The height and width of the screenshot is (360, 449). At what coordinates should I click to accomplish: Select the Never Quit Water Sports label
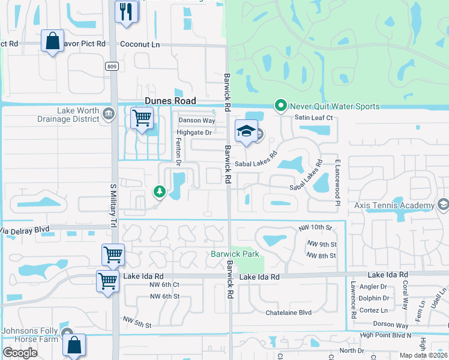335,106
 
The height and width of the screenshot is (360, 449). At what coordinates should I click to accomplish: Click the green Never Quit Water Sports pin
280,106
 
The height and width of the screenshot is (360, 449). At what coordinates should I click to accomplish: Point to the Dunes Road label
170,102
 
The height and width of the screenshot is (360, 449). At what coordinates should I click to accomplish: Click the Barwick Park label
235,254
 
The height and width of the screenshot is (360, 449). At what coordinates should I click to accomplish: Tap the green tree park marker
159,191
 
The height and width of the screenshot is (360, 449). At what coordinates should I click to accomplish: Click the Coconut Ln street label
140,44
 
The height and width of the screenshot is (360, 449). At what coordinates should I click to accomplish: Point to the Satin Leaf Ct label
313,118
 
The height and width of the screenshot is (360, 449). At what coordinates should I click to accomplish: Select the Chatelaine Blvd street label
289,313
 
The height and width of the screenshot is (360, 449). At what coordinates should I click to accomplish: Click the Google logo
20,352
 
